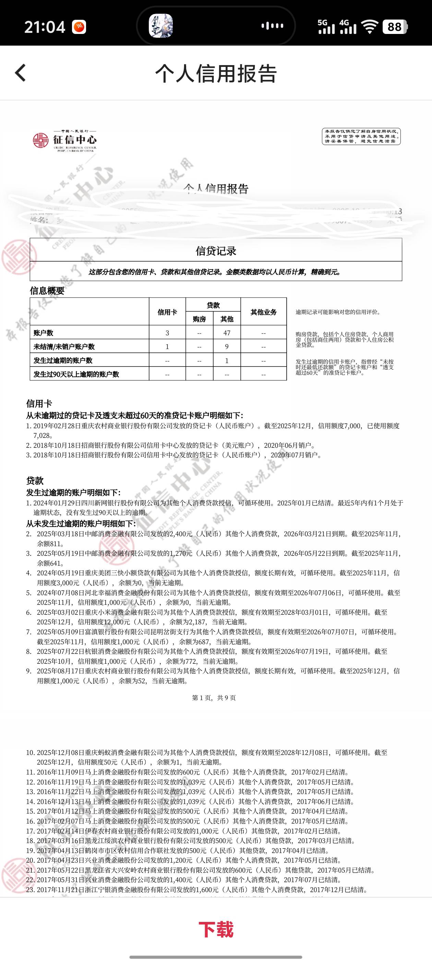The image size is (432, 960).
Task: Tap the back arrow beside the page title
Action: coord(21,72)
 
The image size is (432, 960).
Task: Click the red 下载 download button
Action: coord(216,929)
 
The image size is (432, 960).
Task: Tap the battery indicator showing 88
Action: coord(395,27)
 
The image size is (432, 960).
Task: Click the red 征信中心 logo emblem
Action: coord(40,141)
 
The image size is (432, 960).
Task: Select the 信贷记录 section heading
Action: coord(216,251)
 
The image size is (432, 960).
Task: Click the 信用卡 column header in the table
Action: coord(167,312)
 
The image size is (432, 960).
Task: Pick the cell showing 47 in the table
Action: coord(227,333)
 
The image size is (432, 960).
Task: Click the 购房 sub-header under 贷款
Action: coord(199,319)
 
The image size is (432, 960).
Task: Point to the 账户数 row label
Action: coord(43,333)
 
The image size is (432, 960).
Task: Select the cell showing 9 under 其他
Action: coord(227,347)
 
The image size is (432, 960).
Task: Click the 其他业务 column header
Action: coord(263,312)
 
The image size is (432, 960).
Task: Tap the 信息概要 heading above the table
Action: coord(47,291)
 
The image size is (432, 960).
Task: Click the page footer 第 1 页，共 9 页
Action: coord(214,698)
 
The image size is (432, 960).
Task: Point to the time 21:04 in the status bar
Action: coord(45,27)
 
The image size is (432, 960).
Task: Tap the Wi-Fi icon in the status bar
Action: coord(370,27)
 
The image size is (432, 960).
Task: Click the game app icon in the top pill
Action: coord(161,26)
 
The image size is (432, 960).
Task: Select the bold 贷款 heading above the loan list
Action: coord(35,481)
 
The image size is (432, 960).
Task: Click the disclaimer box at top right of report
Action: coord(361,136)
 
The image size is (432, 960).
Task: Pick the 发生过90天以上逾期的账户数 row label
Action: coord(76,374)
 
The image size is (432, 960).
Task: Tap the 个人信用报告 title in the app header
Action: coord(216,73)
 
